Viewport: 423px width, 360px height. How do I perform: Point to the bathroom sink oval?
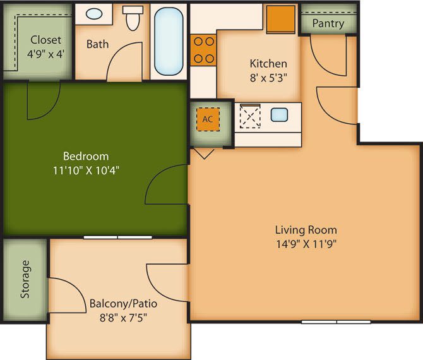[95, 13]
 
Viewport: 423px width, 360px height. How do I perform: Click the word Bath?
[97, 44]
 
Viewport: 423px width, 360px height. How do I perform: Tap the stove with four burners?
[203, 49]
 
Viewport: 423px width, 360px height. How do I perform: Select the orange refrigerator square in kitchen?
[280, 20]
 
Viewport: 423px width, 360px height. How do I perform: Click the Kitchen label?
[268, 64]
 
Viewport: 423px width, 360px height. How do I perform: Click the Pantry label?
[328, 24]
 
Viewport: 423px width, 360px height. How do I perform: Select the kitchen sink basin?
[279, 115]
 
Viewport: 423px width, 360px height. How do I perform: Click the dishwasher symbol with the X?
[251, 117]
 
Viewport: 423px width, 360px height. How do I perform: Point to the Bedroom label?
[86, 156]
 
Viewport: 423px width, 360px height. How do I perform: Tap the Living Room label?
[306, 230]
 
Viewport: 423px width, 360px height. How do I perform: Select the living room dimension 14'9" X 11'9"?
[306, 244]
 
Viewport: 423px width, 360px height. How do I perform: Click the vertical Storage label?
[25, 279]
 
